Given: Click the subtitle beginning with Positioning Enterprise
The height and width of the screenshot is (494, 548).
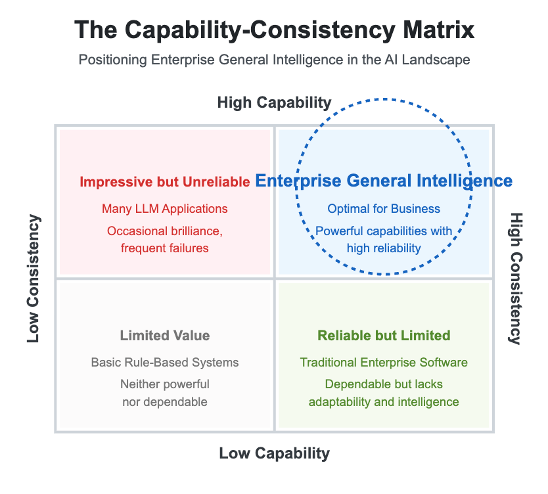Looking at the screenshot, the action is (x=274, y=60).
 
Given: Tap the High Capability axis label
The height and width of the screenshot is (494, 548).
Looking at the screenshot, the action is (x=274, y=102).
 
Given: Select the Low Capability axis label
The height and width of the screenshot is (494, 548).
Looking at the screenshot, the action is (x=274, y=453).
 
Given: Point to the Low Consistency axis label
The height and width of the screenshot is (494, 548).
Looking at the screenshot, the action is (x=34, y=279).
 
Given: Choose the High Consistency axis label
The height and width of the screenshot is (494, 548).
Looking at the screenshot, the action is (x=516, y=279).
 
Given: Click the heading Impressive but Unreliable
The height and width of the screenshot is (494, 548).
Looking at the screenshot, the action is (x=164, y=182).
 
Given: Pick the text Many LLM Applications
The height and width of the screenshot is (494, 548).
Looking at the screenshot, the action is (x=164, y=209).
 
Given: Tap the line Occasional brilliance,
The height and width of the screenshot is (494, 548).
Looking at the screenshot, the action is (x=164, y=231).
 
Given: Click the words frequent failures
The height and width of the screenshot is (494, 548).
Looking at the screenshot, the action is (x=164, y=248).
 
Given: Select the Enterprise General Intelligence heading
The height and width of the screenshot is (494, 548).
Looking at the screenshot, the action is (x=384, y=181).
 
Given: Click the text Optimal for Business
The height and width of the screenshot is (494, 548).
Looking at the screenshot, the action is (x=384, y=209).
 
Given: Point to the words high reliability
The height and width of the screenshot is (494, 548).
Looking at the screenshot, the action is (x=384, y=248).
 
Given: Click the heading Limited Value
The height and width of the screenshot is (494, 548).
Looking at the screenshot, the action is (x=164, y=336).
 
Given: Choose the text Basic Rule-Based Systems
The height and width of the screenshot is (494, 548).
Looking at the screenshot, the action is (x=164, y=363).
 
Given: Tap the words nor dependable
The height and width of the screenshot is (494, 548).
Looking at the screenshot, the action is (x=164, y=401).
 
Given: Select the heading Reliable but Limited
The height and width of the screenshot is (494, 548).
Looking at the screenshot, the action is (x=384, y=336).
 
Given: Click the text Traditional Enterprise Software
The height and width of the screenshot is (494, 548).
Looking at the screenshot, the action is (x=384, y=363).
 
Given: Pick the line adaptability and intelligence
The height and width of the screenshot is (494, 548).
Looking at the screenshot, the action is (x=384, y=401).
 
